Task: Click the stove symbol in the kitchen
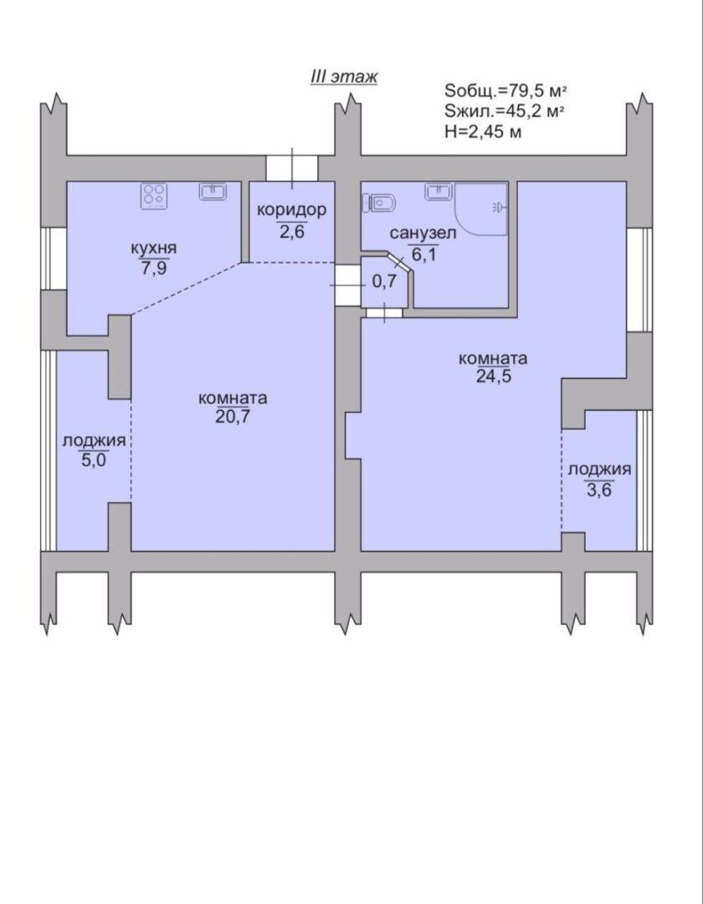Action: point(154,196)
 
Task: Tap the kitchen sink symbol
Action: point(213,192)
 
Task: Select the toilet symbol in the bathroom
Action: point(380,203)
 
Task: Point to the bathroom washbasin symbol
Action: point(439,192)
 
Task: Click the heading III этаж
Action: point(343,77)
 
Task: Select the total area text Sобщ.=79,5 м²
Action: point(506,91)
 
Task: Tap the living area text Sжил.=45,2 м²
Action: point(504,111)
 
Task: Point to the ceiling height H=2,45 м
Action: point(483,131)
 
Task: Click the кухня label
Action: point(154,249)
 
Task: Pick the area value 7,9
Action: point(154,268)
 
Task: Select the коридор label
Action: point(291,210)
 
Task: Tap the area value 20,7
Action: point(233,417)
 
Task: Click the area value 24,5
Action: point(493,377)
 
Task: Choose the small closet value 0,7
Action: point(384,282)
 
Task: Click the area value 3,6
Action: point(599,490)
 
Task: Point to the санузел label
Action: point(423,234)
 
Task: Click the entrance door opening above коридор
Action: point(292,168)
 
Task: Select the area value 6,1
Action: point(423,254)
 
